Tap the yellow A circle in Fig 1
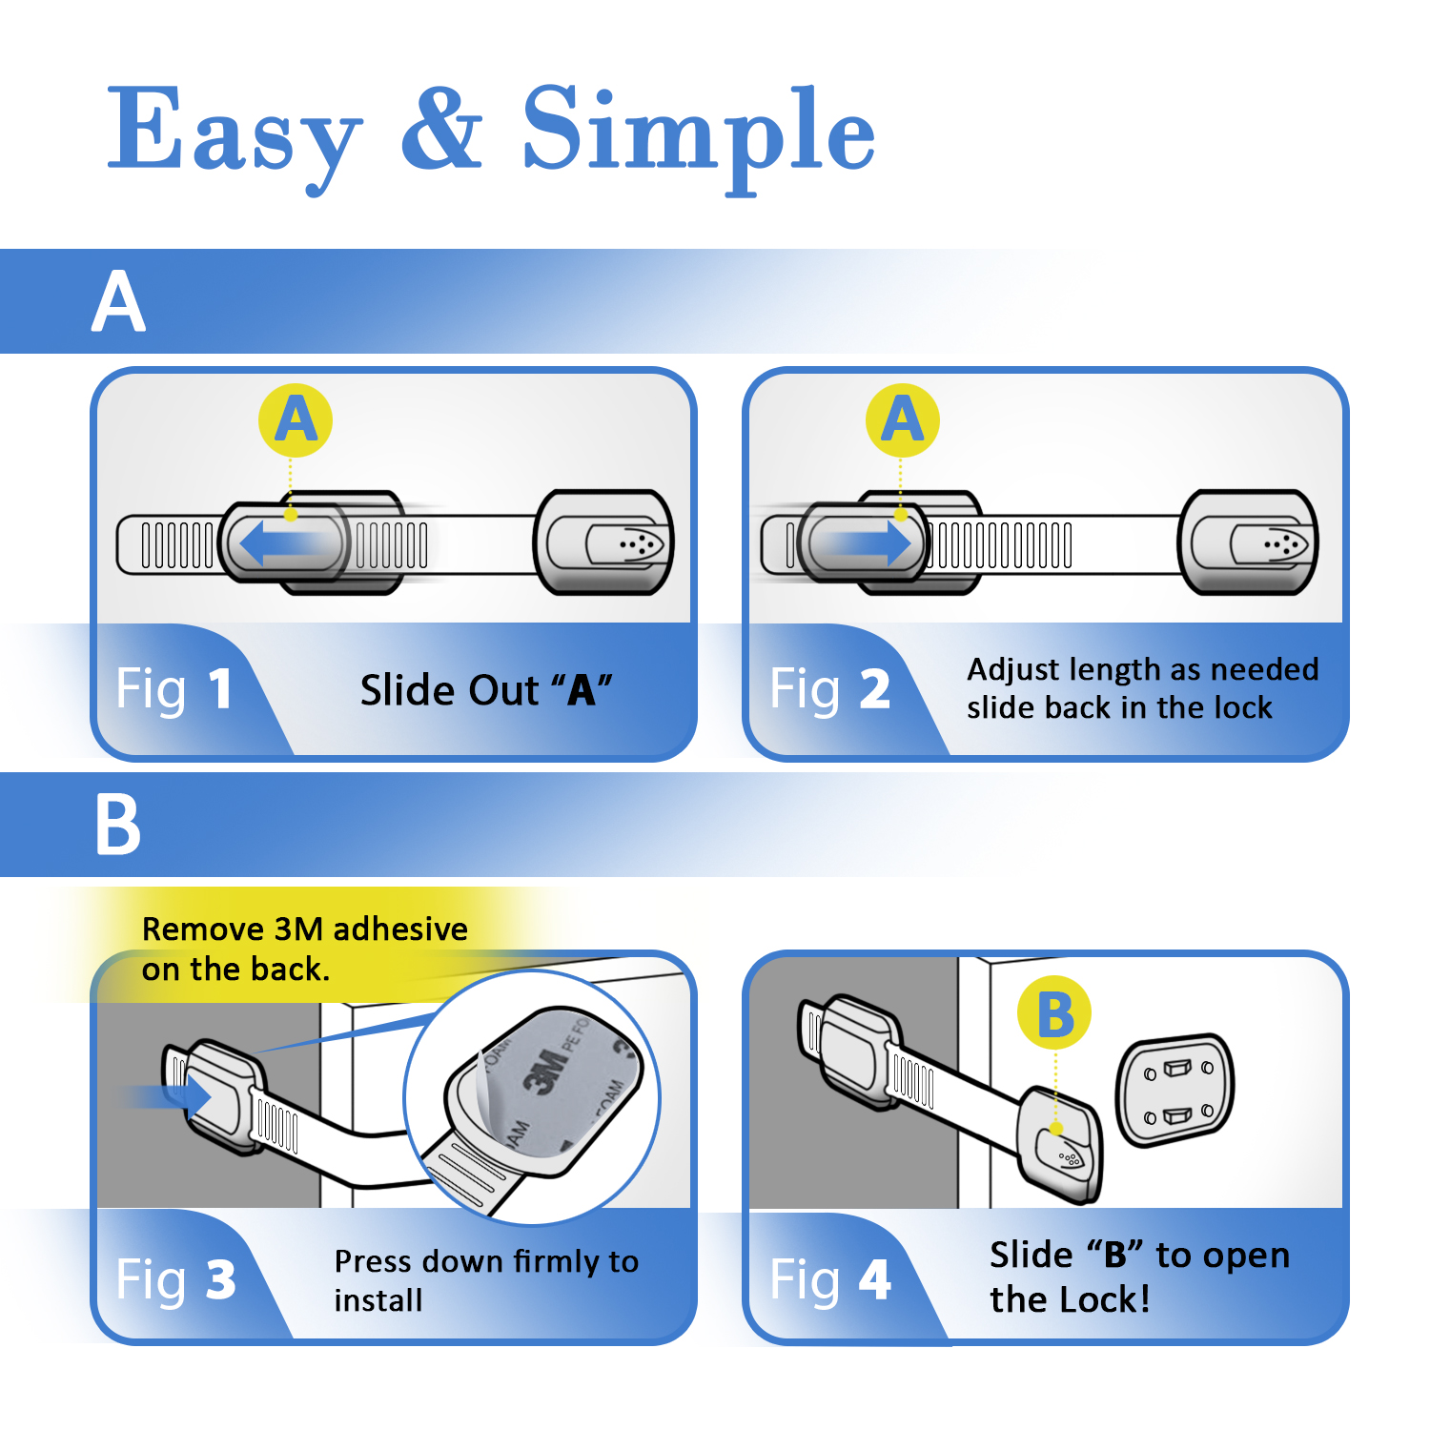(x=296, y=420)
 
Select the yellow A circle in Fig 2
(x=902, y=420)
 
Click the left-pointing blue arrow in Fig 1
(x=281, y=544)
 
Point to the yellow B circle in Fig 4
(x=1054, y=1013)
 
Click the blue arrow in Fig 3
(x=172, y=1095)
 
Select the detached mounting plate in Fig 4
(x=1175, y=1090)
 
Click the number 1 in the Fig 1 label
(x=219, y=689)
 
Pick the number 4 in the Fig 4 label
(x=874, y=1279)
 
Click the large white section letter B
(x=118, y=826)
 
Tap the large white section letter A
(x=119, y=302)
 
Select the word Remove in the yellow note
(x=202, y=929)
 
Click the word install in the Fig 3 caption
(x=378, y=1300)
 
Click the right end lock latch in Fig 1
(x=604, y=543)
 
